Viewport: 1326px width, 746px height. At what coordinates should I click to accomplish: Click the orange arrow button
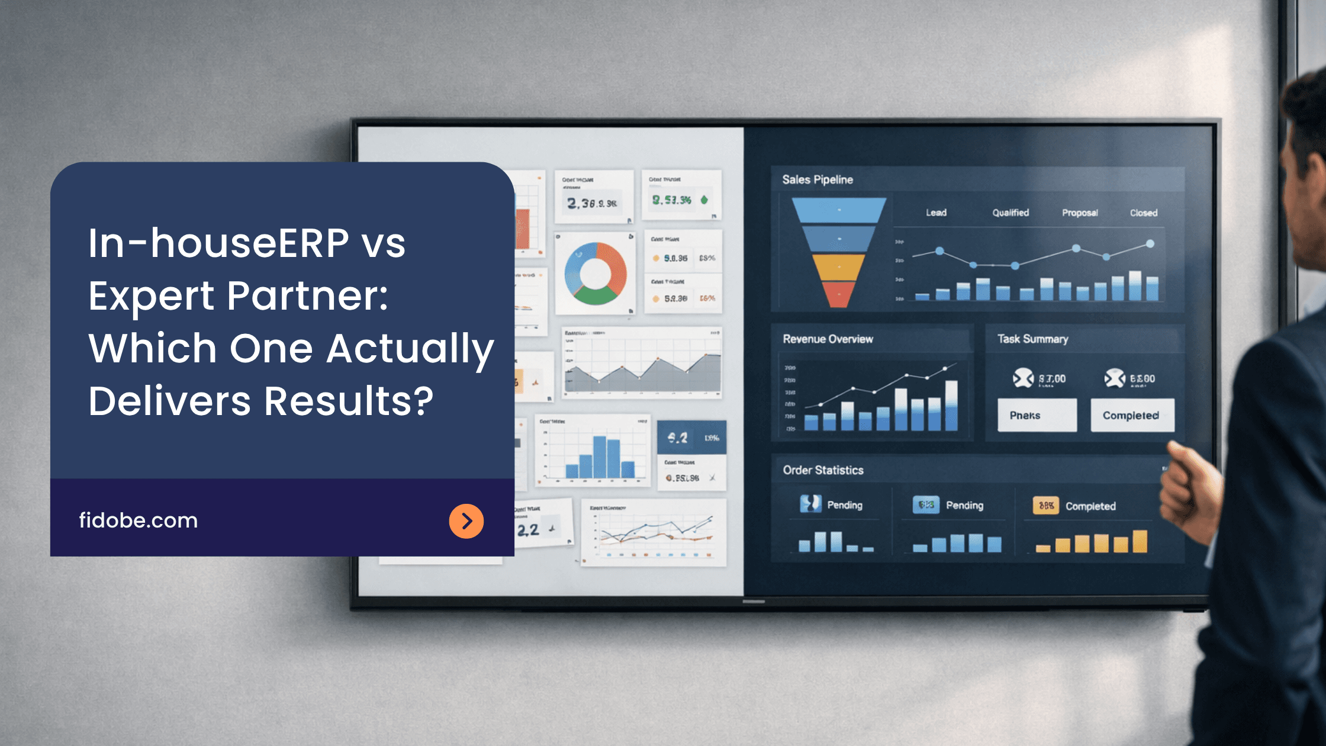(x=466, y=521)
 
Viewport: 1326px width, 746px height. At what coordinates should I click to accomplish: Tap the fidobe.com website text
(x=139, y=520)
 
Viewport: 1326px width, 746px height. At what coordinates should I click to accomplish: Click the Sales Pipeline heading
(x=818, y=179)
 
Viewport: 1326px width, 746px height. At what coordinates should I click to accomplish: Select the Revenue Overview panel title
(x=828, y=339)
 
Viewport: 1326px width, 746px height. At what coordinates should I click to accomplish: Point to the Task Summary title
(x=1032, y=339)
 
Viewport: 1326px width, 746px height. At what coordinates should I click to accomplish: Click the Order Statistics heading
(x=823, y=470)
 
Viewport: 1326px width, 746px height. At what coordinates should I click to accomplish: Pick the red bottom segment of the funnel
(x=838, y=294)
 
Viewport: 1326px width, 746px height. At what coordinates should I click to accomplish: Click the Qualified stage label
(x=1010, y=213)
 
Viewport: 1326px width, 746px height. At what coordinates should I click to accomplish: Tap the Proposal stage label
(x=1080, y=213)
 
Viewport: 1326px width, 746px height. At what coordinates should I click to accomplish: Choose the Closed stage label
(x=1143, y=213)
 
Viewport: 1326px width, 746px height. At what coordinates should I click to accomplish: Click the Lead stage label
(x=936, y=213)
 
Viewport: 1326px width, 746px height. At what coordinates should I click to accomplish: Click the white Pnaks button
(x=1037, y=415)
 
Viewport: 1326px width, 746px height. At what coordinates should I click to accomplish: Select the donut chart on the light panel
(x=596, y=273)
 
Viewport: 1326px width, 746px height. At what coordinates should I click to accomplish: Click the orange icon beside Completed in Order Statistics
(x=1046, y=506)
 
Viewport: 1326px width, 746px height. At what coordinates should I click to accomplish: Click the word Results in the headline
(x=349, y=401)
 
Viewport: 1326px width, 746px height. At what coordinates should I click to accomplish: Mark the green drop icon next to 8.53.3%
(x=704, y=200)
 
